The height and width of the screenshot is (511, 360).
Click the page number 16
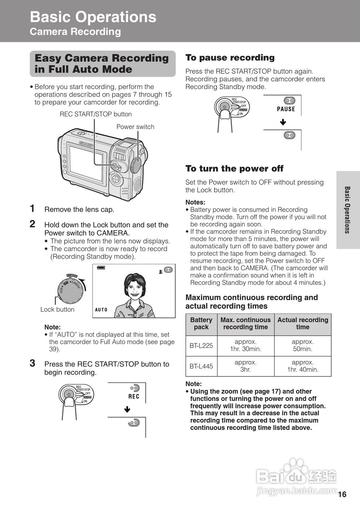342,495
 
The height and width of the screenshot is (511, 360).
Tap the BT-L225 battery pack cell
201,346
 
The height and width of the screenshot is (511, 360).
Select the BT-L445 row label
201,366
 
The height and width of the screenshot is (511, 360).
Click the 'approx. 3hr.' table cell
245,366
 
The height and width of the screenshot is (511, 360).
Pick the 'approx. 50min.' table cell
303,346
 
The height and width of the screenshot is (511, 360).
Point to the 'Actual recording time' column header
303,323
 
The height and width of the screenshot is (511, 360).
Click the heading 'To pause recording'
230,57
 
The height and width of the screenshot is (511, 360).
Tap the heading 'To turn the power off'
234,168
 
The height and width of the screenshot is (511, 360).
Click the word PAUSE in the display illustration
286,109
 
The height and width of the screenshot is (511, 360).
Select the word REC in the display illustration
134,396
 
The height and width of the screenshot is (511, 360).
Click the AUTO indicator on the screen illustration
101,310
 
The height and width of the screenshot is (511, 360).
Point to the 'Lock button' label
57,309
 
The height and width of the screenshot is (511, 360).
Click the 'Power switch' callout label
135,127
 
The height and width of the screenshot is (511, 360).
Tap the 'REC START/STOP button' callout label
96,114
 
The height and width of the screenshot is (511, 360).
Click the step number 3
33,363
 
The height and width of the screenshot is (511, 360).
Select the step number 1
33,208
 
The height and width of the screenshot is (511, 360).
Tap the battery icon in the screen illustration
101,267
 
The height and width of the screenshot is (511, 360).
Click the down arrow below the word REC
127,410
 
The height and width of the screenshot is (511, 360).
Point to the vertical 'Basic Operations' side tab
348,210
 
